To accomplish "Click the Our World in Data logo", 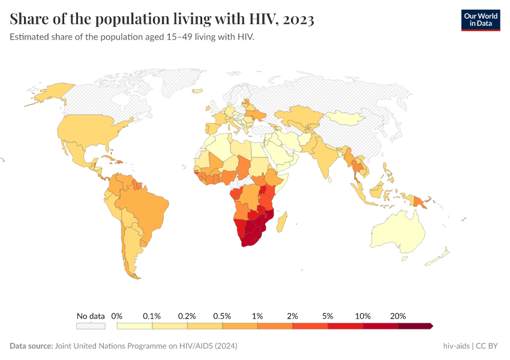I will pyautogui.click(x=480, y=19).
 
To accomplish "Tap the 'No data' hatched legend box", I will pyautogui.click(x=91, y=326).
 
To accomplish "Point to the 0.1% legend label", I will pyautogui.click(x=152, y=316).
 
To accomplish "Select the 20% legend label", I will pyautogui.click(x=398, y=316).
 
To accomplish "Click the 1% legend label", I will pyautogui.click(x=257, y=316).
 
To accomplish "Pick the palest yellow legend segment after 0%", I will pyautogui.click(x=134, y=326).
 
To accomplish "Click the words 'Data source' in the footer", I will pyautogui.click(x=31, y=346).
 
